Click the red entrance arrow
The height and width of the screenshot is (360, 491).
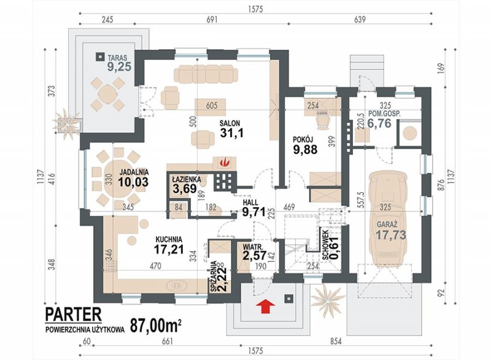pyautogui.click(x=265, y=306)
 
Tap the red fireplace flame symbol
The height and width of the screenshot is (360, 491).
pyautogui.click(x=223, y=162)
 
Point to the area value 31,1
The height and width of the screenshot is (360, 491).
pyautogui.click(x=231, y=133)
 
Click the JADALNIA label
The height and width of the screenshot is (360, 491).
pyautogui.click(x=134, y=172)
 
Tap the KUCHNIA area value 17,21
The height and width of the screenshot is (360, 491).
pyautogui.click(x=169, y=249)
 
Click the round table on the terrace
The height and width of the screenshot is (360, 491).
pyautogui.click(x=106, y=93)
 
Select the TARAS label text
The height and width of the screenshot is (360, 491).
pyautogui.click(x=117, y=58)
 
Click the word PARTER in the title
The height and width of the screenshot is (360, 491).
pyautogui.click(x=74, y=315)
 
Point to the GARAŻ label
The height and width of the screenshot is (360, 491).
pyautogui.click(x=387, y=225)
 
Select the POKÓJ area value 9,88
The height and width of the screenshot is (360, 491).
pyautogui.click(x=305, y=149)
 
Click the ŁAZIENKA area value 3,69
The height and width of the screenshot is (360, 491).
pyautogui.click(x=185, y=189)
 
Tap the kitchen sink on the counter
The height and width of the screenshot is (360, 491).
pyautogui.click(x=177, y=285)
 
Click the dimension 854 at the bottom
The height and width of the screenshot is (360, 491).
pyautogui.click(x=335, y=341)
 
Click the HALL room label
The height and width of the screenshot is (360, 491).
pyautogui.click(x=250, y=202)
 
